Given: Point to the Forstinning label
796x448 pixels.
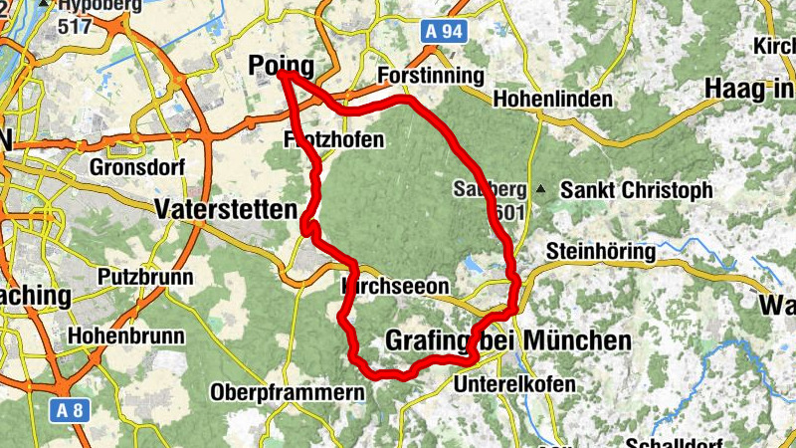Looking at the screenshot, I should pyautogui.click(x=431, y=77).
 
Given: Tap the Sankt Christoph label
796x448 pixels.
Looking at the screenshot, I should pyautogui.click(x=637, y=189).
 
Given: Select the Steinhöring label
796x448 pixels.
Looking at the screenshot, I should pyautogui.click(x=600, y=252).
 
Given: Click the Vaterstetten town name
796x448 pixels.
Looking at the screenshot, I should pyautogui.click(x=226, y=209).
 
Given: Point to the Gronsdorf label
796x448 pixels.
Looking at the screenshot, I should pyautogui.click(x=136, y=166).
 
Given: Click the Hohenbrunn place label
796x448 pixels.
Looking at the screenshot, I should pyautogui.click(x=125, y=336).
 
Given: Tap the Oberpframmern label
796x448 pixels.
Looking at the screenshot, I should pyautogui.click(x=287, y=392).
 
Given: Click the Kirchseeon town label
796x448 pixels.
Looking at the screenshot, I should pyautogui.click(x=395, y=287).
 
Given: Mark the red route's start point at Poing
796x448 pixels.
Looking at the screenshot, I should pyautogui.click(x=283, y=74).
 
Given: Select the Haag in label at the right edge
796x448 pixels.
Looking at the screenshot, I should pyautogui.click(x=748, y=89).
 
